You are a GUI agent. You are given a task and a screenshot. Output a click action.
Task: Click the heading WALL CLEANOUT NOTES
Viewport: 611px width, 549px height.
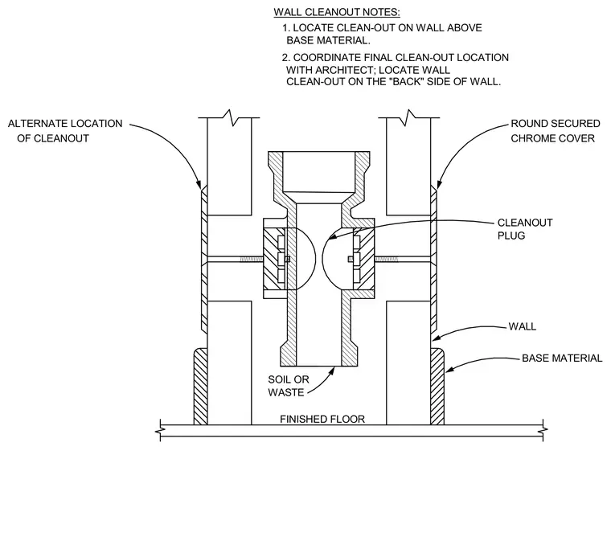coord(337,12)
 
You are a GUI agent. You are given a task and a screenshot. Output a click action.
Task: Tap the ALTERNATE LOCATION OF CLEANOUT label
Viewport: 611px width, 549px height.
coord(65,131)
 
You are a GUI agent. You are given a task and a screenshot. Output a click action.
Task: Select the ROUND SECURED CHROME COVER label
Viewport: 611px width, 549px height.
coord(556,131)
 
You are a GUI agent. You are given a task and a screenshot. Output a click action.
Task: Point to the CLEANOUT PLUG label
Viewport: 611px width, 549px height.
coord(525,229)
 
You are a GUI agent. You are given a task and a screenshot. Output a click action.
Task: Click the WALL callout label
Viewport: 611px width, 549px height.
coord(522,326)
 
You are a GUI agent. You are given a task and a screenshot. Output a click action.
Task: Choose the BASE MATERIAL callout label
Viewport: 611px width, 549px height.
coord(562,358)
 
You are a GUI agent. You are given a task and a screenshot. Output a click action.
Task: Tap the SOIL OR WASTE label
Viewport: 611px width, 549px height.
coord(289,386)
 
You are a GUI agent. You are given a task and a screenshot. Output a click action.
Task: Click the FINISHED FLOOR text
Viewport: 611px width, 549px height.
coord(322,420)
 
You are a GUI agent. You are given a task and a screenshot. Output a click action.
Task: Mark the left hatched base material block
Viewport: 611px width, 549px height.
coord(201,386)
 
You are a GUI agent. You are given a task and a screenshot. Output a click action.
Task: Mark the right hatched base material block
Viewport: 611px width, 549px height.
coord(437,386)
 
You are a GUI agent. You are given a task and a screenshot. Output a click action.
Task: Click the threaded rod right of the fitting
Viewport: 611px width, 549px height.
coord(387,259)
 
